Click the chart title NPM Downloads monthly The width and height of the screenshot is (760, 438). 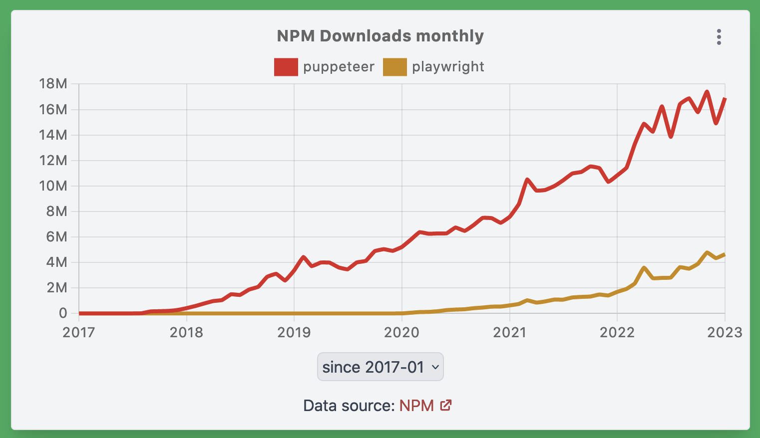tap(380, 36)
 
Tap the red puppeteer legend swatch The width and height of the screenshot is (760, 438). tap(286, 67)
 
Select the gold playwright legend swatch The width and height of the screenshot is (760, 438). tap(394, 67)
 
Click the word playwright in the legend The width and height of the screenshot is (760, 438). tap(448, 67)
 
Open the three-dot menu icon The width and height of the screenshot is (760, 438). tap(719, 37)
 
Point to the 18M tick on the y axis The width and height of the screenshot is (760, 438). tap(53, 84)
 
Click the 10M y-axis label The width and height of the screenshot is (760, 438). tap(53, 186)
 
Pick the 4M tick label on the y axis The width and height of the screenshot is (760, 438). tap(56, 262)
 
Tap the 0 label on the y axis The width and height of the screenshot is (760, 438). tap(63, 313)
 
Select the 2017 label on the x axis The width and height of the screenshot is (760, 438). tap(79, 333)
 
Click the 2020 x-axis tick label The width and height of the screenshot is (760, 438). tap(401, 333)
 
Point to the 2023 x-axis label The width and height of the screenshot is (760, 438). tap(725, 333)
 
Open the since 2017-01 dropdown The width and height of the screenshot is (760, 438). tap(380, 367)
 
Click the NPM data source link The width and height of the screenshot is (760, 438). tap(416, 406)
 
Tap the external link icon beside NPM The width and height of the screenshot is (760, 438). tap(446, 405)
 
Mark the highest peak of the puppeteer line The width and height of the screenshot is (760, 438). tap(707, 92)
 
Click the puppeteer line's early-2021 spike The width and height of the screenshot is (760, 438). tap(527, 179)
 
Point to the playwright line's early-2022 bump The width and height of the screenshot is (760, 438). tap(644, 268)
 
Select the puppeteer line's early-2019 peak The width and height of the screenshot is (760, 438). tap(303, 257)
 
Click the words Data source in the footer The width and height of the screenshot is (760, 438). tap(349, 406)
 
